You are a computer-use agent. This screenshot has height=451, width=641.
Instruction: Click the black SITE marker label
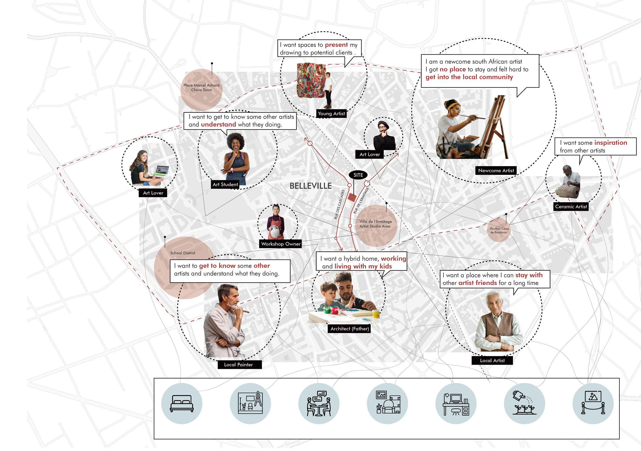point(358,175)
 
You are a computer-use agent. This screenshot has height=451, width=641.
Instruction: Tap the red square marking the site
point(352,198)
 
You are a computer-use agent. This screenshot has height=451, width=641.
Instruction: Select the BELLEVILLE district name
point(311,186)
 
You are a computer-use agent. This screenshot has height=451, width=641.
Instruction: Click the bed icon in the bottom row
point(182,403)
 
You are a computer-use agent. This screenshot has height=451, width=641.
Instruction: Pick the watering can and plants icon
point(524,403)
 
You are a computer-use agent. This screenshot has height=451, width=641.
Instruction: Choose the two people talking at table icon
point(319,403)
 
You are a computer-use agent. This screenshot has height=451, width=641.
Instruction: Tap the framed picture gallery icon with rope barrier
point(593,403)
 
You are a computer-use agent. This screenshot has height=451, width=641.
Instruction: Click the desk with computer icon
point(456,404)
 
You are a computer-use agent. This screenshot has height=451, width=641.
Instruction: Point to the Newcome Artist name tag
point(496,171)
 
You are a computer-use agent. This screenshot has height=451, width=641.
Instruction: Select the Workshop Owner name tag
point(281,244)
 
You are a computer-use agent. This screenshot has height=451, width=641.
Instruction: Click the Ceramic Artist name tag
point(571,207)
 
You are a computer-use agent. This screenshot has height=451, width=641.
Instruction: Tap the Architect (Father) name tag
point(350,329)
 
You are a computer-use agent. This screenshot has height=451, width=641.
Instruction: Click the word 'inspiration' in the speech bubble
point(611,143)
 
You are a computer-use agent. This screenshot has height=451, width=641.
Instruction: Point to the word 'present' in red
point(336,45)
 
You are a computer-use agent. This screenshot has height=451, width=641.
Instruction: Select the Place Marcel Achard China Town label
point(201,87)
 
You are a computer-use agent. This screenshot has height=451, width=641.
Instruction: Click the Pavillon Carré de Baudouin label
point(499,230)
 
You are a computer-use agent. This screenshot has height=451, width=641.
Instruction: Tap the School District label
point(183,253)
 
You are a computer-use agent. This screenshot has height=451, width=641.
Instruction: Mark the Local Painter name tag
point(238,364)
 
